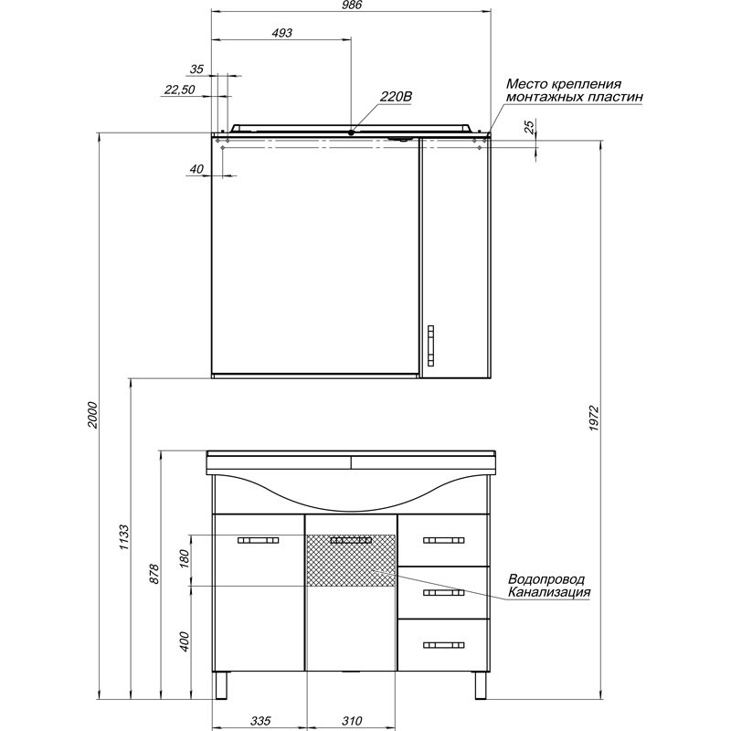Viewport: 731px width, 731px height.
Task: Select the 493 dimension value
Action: (282, 33)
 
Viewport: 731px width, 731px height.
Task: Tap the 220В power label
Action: (396, 97)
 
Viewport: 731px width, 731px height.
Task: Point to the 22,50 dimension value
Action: (179, 89)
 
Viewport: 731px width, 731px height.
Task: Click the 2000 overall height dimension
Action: (93, 415)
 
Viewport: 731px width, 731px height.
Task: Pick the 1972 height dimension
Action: (593, 418)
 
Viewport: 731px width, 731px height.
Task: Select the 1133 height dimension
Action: (123, 537)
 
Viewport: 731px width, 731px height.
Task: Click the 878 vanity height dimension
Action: (154, 574)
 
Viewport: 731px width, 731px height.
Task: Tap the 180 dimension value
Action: (185, 559)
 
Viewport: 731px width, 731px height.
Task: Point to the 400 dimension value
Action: (185, 641)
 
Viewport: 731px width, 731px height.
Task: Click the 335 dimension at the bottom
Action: (260, 721)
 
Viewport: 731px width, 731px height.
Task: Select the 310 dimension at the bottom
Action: (352, 721)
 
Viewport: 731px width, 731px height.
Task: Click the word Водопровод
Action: (546, 579)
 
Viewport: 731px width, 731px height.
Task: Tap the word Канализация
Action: (549, 592)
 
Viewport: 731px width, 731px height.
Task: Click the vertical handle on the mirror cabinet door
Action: (430, 345)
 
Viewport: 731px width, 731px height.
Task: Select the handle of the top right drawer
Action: (444, 540)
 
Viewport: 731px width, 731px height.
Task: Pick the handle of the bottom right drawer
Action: (444, 645)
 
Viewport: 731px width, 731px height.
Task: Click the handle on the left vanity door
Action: (259, 540)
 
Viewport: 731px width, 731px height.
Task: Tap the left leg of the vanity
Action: (222, 685)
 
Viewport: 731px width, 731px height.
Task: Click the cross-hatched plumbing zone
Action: (351, 560)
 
